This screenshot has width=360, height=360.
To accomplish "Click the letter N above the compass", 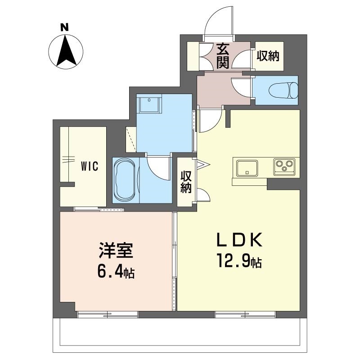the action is [64, 27].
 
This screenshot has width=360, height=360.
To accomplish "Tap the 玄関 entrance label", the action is [223, 56].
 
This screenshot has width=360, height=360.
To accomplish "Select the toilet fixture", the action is [283, 90].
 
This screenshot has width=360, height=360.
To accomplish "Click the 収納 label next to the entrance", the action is [268, 56].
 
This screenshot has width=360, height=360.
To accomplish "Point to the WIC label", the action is [90, 166].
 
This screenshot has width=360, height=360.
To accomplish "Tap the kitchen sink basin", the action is [247, 168].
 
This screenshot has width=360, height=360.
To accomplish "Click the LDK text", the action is [239, 240].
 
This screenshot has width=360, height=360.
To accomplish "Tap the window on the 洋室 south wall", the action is [108, 314].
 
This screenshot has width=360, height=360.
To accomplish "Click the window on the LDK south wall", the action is [245, 314].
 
